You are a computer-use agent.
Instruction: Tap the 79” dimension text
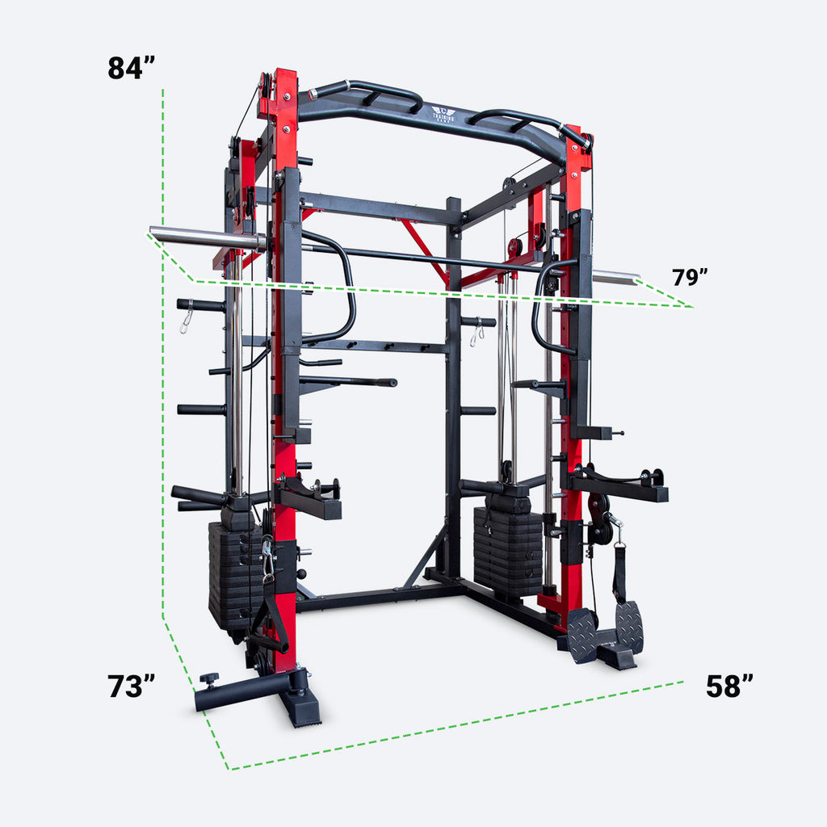[690, 277]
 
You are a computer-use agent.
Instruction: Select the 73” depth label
[131, 686]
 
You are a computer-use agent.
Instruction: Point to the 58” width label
[729, 686]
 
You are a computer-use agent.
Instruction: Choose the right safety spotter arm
[618, 487]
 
